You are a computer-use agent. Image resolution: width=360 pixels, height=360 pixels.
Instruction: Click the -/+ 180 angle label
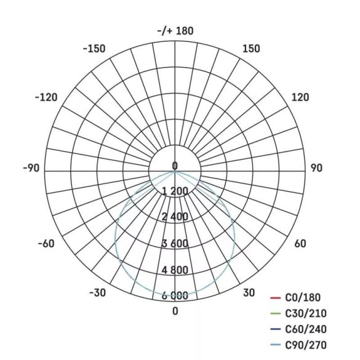pos(175,31)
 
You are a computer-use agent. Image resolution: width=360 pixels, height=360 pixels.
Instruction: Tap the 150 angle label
pos(251,49)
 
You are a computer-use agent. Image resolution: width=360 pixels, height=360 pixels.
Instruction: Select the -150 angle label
pos(94,49)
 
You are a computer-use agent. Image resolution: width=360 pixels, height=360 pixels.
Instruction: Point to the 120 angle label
pos(300,97)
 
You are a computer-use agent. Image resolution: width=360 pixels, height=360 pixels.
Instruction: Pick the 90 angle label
pos(316,168)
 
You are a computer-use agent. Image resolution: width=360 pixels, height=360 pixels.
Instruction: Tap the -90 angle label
pos(31,168)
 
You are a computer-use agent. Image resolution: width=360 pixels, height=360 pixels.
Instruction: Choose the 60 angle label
pos(300,244)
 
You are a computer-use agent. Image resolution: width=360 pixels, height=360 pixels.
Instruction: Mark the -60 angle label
pos(46,244)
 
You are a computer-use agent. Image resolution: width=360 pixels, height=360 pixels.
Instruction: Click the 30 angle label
pos(249,293)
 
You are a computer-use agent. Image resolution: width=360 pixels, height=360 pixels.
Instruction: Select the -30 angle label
pos(97,293)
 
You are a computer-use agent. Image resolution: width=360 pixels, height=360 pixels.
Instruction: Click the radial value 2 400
pos(175,217)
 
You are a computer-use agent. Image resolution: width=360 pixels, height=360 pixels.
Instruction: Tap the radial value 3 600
pos(175,244)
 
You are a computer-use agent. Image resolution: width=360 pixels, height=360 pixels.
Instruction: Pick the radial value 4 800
pos(175,270)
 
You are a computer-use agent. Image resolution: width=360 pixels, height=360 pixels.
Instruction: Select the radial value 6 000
pos(175,296)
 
